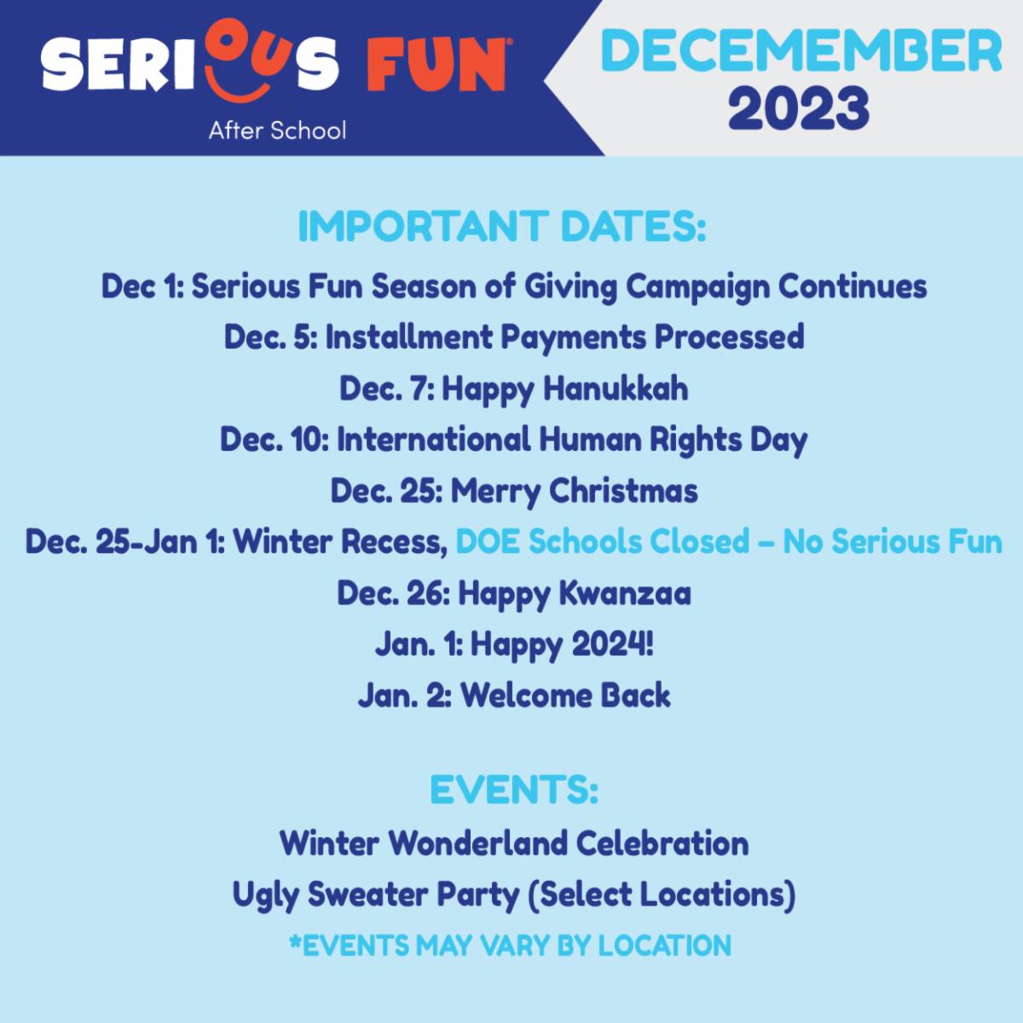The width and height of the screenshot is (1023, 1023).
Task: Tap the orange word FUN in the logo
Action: click(x=436, y=66)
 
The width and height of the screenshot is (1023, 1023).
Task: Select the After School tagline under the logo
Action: click(x=277, y=130)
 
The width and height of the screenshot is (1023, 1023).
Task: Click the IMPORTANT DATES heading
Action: click(x=501, y=228)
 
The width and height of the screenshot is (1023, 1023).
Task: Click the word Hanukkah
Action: click(x=616, y=388)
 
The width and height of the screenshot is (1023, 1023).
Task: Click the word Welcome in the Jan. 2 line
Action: click(x=526, y=696)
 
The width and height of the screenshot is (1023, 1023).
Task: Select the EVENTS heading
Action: click(x=513, y=789)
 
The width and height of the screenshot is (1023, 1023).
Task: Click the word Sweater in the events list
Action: click(x=368, y=894)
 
